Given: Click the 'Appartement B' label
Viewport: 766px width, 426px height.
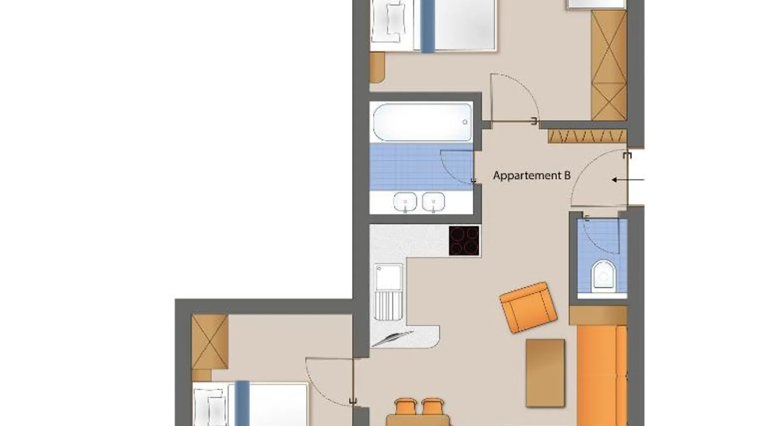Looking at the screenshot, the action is click(x=532, y=176).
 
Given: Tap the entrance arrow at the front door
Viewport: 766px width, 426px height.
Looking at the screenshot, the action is click(x=628, y=180).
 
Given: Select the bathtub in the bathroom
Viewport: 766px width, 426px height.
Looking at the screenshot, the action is click(x=423, y=122).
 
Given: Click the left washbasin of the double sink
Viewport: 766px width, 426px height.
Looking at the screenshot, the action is click(x=405, y=202).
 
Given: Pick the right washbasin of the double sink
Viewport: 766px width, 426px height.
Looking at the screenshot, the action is click(x=433, y=202).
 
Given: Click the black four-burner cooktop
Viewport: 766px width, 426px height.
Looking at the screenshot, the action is click(x=464, y=241).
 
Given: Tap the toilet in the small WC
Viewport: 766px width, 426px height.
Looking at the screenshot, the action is click(x=603, y=276).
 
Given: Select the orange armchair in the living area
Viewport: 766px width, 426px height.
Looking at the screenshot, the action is click(x=528, y=307).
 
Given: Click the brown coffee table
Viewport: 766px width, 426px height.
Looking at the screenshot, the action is click(x=545, y=373).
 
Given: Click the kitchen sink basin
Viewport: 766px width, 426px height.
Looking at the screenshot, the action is click(x=389, y=277).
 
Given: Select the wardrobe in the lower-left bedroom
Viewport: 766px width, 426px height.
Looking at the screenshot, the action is click(x=209, y=342).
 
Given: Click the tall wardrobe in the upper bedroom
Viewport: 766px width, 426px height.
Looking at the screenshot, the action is click(x=609, y=65).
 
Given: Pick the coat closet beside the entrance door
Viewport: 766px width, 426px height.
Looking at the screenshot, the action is click(x=587, y=137).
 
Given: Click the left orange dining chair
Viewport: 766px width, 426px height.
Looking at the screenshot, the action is click(x=405, y=407).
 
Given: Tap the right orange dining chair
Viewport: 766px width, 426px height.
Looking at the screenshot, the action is click(x=432, y=407).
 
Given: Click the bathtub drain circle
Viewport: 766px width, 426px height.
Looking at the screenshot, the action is click(x=465, y=122).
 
